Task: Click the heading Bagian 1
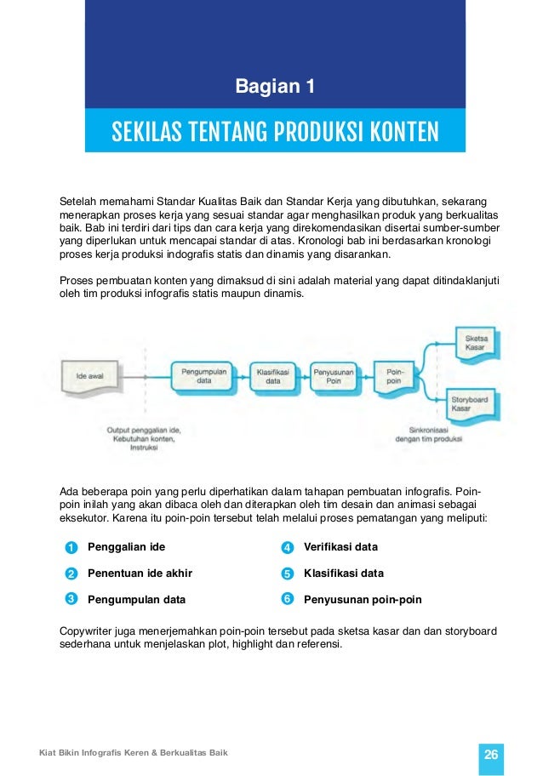tap(275, 87)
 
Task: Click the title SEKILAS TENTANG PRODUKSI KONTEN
tap(275, 132)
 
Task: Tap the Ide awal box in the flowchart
tap(93, 375)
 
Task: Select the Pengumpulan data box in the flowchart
tap(203, 376)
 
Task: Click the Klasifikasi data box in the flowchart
tap(272, 376)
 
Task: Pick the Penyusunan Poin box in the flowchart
tap(334, 376)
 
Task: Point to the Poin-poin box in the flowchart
tap(395, 376)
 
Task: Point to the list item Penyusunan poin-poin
tap(363, 600)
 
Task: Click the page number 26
tap(490, 754)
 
